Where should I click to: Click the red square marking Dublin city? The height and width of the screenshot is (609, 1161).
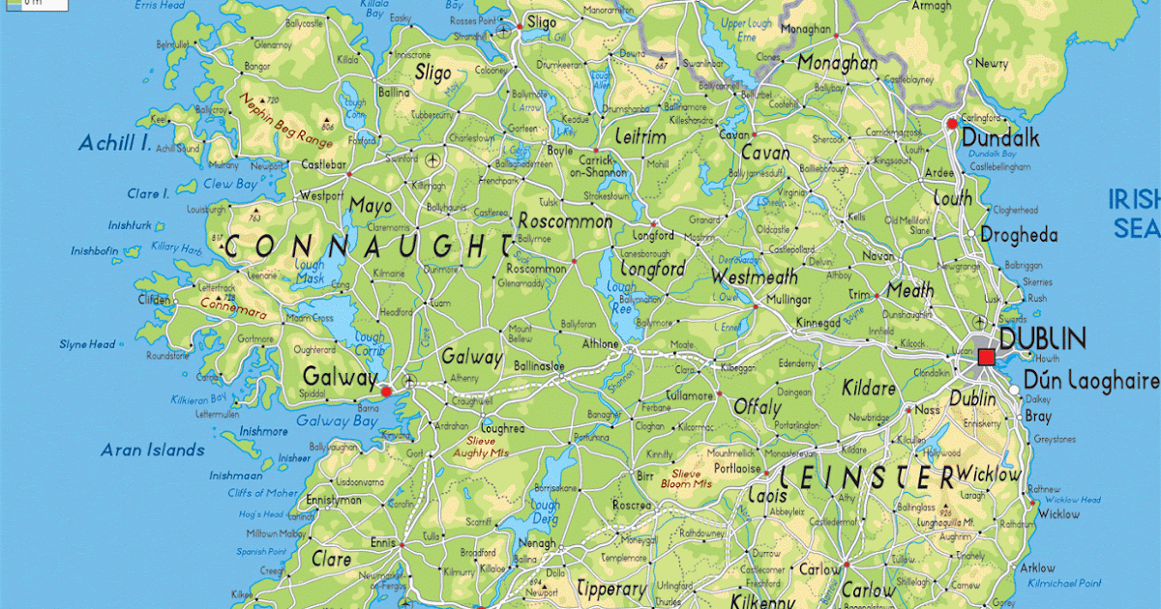point(986,358)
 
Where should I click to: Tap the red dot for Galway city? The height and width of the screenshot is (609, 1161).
point(386,391)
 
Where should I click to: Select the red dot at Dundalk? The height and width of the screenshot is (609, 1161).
point(952,124)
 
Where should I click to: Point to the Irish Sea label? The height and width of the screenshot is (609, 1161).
point(1135,214)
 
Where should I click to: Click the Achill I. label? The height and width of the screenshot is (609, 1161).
point(115,144)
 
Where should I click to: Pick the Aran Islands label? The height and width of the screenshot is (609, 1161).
point(153,449)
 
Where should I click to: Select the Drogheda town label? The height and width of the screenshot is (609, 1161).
point(1019,235)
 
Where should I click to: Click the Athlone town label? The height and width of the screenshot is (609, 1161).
point(600,342)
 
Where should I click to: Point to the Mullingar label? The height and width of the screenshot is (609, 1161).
point(788,300)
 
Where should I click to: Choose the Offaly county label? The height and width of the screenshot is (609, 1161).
point(757,407)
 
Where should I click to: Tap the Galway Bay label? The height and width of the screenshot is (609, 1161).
point(337,420)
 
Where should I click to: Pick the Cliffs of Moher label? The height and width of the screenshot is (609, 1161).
point(263,493)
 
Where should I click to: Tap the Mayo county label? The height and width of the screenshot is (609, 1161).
point(371,206)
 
